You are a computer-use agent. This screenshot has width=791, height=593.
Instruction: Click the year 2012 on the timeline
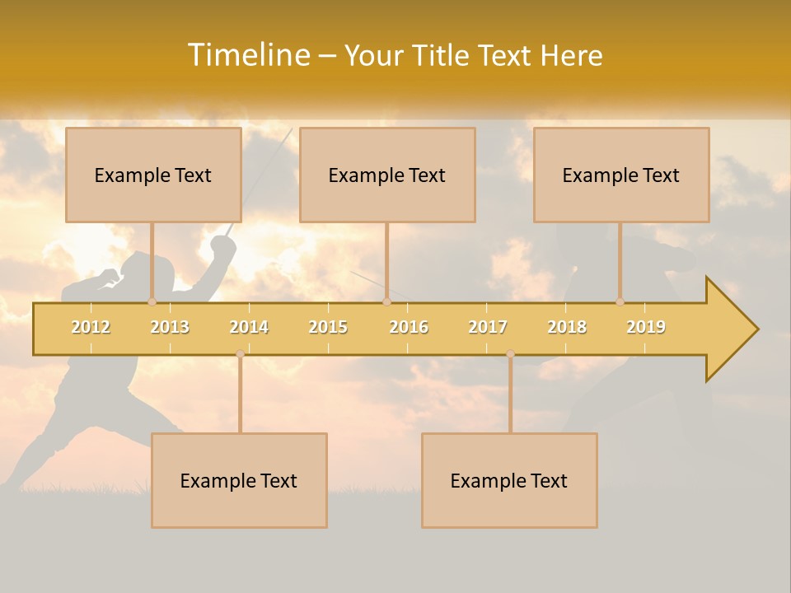(x=91, y=327)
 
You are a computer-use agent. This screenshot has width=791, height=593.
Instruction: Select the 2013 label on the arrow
(x=170, y=327)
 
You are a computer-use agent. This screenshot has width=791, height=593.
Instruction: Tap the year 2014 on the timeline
(x=249, y=327)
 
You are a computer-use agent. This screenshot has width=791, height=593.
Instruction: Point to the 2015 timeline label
(x=328, y=327)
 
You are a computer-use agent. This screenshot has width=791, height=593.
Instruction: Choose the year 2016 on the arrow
(x=409, y=327)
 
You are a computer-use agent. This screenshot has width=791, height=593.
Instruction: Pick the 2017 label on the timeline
(x=488, y=327)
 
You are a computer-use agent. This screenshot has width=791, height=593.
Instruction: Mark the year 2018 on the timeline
(x=567, y=327)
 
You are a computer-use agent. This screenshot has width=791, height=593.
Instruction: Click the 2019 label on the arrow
(x=646, y=327)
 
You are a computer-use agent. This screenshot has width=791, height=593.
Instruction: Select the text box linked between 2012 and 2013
(x=153, y=175)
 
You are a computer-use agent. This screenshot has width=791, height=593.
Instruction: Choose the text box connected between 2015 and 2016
(x=387, y=175)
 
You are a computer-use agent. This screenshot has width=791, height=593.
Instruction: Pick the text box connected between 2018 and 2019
(x=621, y=175)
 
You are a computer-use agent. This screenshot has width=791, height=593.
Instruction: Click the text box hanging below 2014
(x=239, y=480)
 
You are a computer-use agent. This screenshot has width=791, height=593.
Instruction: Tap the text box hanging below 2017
(x=509, y=480)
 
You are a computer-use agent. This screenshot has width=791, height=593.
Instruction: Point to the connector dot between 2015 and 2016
(x=387, y=302)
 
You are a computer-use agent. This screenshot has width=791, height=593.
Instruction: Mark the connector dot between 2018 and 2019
(x=620, y=302)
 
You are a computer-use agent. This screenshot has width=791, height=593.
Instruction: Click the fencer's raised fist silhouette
(x=222, y=245)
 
